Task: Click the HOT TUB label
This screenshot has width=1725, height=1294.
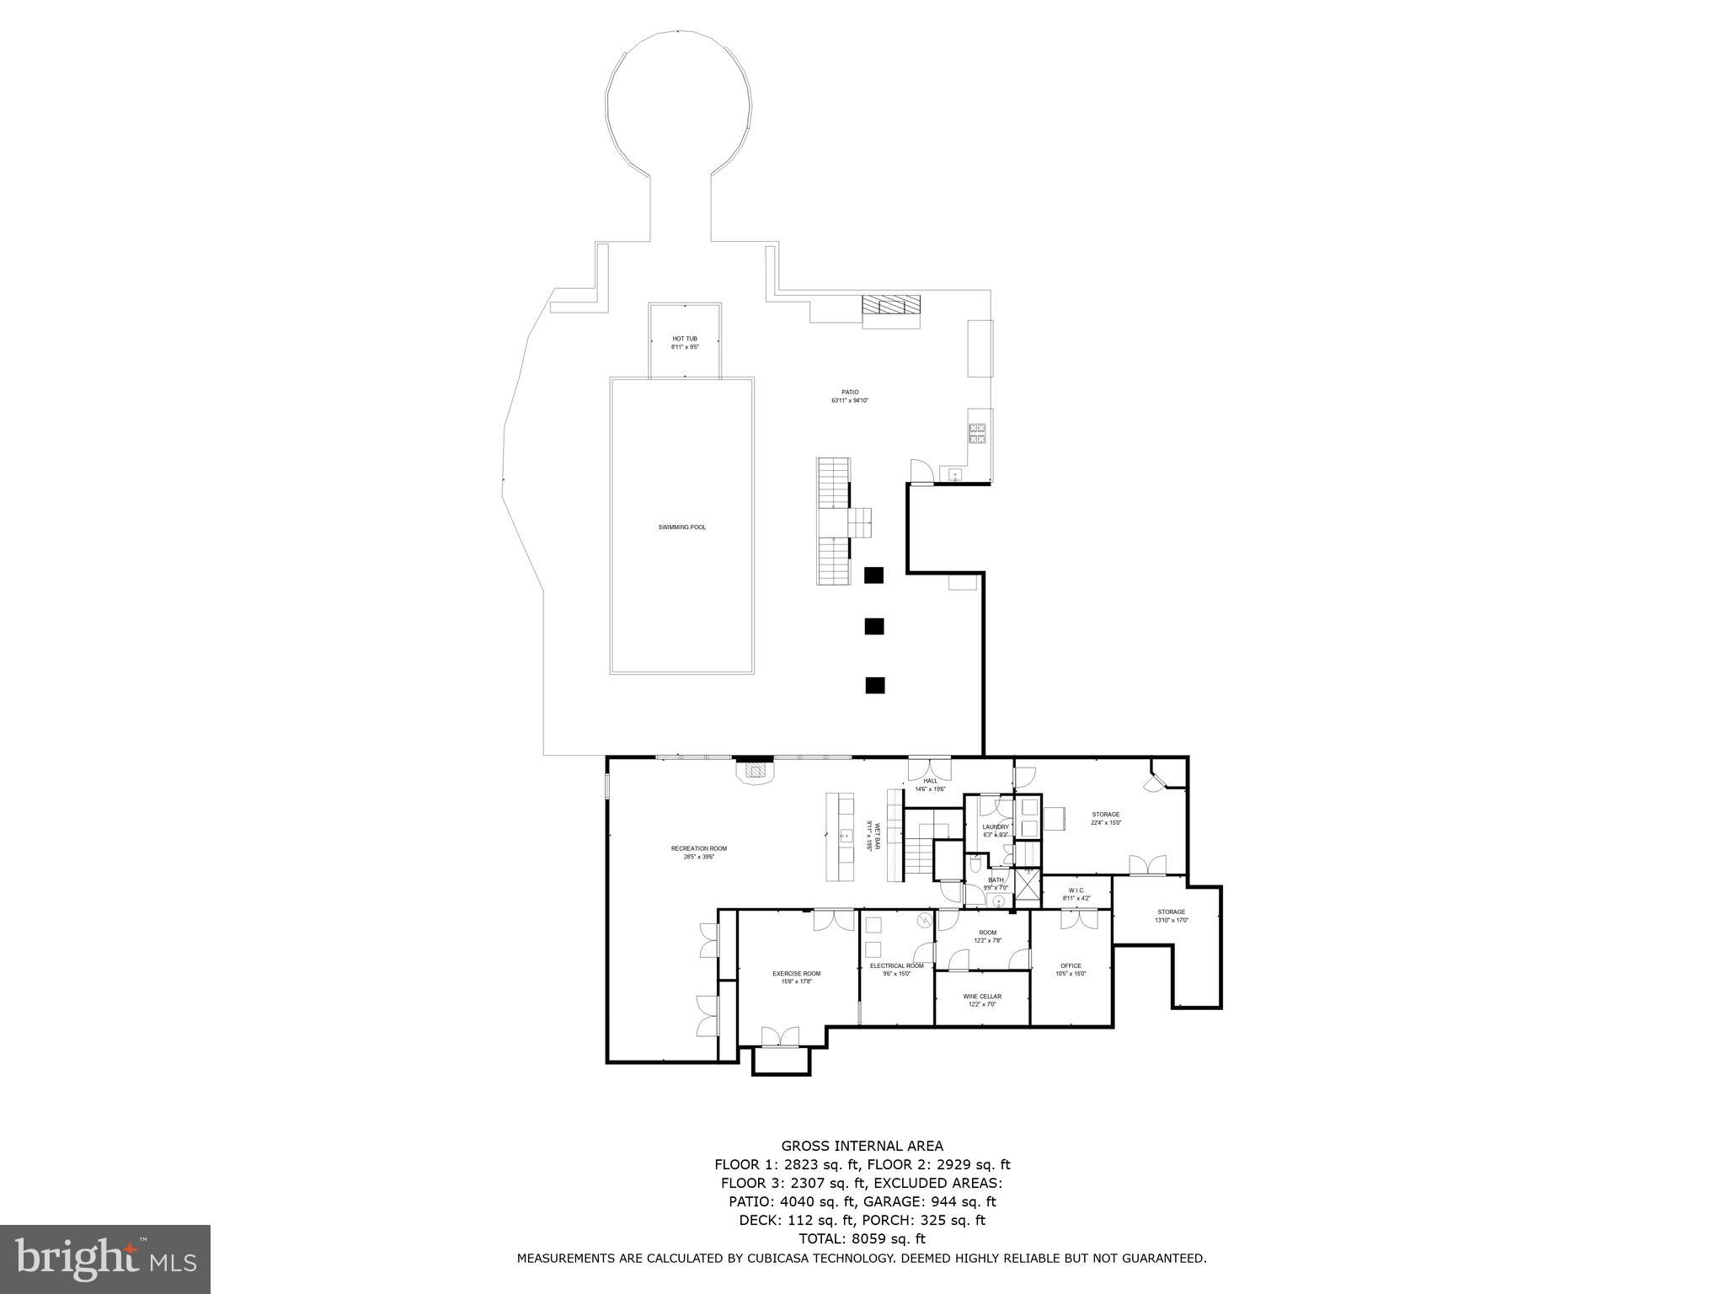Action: point(685,339)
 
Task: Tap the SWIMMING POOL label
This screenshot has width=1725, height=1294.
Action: point(682,527)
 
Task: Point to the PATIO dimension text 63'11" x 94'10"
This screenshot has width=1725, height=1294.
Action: point(850,401)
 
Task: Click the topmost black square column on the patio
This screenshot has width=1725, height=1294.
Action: point(874,575)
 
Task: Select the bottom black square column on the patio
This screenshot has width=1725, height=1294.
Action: point(874,685)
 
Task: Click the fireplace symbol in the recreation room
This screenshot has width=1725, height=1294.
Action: point(756,770)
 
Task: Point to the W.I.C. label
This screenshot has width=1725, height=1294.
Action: point(1076,890)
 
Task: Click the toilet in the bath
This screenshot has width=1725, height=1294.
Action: point(975,863)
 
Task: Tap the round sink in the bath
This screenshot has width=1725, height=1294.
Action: point(999,901)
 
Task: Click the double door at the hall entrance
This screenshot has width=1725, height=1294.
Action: point(930,768)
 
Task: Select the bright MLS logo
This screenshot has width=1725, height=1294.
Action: point(104,1259)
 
